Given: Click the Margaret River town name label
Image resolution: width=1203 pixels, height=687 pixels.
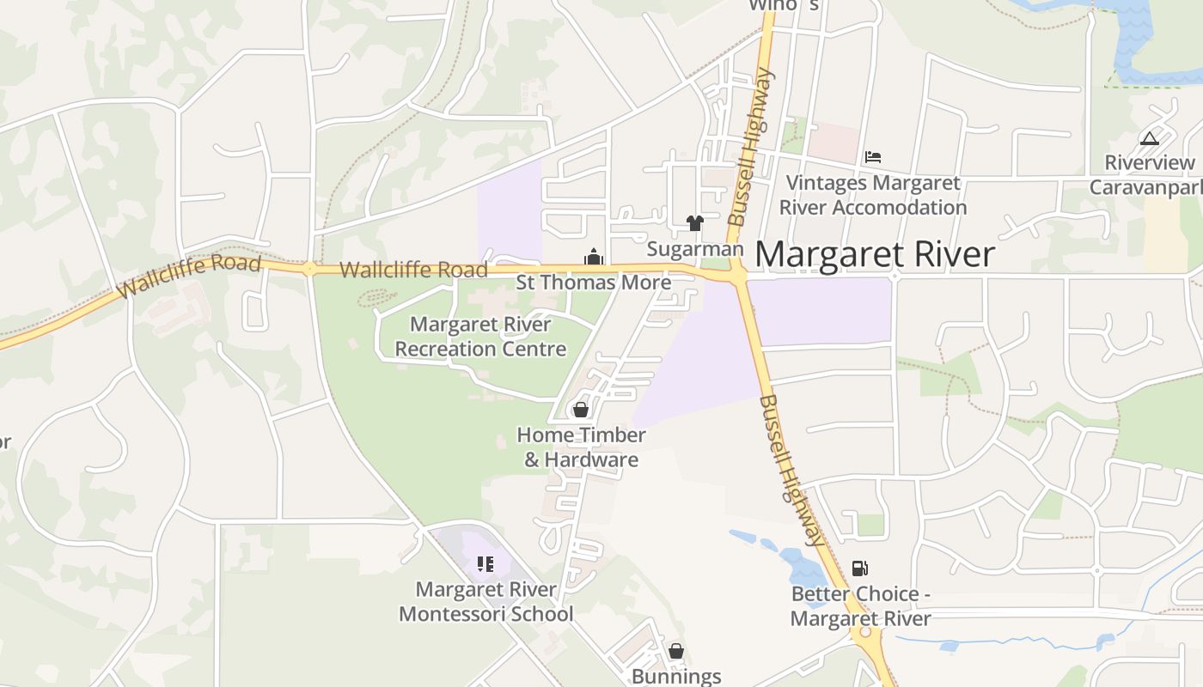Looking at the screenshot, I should point(875,255).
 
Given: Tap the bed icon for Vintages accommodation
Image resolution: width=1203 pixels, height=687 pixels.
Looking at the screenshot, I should point(873,156).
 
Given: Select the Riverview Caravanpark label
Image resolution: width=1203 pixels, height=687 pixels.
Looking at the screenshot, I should point(1146,175).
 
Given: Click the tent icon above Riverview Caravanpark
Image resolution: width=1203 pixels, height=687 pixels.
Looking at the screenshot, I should point(1149,138).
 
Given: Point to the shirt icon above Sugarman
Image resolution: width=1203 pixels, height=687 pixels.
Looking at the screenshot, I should point(695,223).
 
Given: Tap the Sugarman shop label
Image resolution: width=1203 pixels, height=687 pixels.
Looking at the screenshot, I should point(694,249).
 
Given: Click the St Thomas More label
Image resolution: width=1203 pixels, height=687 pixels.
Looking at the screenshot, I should point(594,283).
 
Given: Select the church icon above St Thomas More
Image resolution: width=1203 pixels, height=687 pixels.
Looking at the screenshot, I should point(594,257).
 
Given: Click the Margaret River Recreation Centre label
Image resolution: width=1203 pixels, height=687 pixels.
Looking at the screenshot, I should point(480,337).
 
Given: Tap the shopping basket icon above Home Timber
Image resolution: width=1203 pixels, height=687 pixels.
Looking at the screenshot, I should point(581,410).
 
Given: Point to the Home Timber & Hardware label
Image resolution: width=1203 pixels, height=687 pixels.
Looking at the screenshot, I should point(581,447).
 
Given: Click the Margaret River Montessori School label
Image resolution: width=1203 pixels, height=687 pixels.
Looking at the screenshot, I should point(486,602).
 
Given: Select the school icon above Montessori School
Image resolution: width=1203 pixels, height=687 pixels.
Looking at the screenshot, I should point(485,564).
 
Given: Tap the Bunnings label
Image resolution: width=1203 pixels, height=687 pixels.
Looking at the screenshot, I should point(676,676).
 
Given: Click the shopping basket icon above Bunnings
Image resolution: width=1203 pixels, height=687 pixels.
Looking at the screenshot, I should point(676,651).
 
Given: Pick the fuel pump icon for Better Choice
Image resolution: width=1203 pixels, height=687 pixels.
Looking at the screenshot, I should point(859,568).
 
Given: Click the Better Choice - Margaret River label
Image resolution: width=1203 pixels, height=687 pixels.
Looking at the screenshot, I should point(860,606).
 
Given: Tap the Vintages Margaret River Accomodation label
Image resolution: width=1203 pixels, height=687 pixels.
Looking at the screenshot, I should point(873,195).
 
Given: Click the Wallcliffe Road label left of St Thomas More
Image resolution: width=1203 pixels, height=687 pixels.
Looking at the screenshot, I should point(413,271).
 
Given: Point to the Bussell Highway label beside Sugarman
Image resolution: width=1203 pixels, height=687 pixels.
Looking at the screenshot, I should point(751,148).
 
